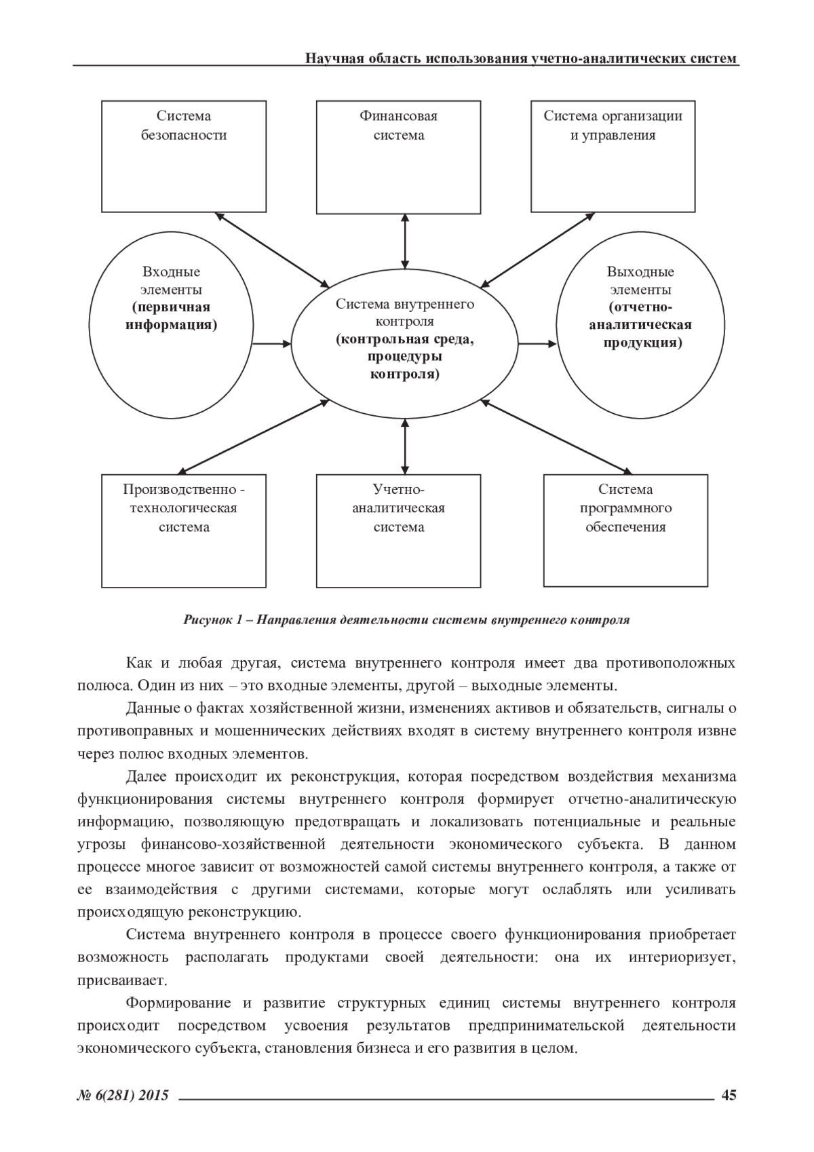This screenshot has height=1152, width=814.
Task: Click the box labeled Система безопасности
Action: pos(183,157)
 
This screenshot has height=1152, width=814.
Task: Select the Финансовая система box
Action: pos(398,157)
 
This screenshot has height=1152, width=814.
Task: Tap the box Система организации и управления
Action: pos(613,157)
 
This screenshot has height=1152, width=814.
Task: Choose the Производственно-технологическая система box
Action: pos(183,530)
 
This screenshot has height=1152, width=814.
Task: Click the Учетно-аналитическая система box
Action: pos(398,530)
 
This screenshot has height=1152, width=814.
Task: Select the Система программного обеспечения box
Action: pos(626,530)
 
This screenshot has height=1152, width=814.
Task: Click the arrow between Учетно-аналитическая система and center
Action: pos(405,446)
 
